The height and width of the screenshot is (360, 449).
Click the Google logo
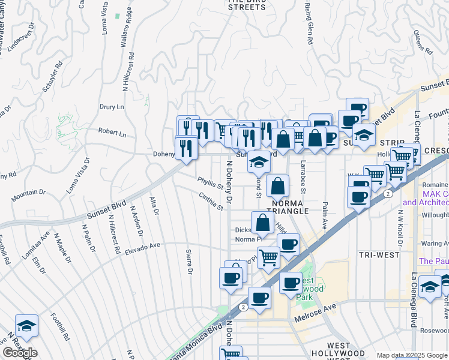[20, 353]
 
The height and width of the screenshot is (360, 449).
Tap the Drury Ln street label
[112, 107]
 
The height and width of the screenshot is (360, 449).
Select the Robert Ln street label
[113, 133]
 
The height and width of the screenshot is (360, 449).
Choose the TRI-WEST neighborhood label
[379, 255]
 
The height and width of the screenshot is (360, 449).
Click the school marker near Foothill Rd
[26, 326]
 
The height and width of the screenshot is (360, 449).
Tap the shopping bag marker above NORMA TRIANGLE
[278, 187]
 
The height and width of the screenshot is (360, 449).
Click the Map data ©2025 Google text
[412, 355]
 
